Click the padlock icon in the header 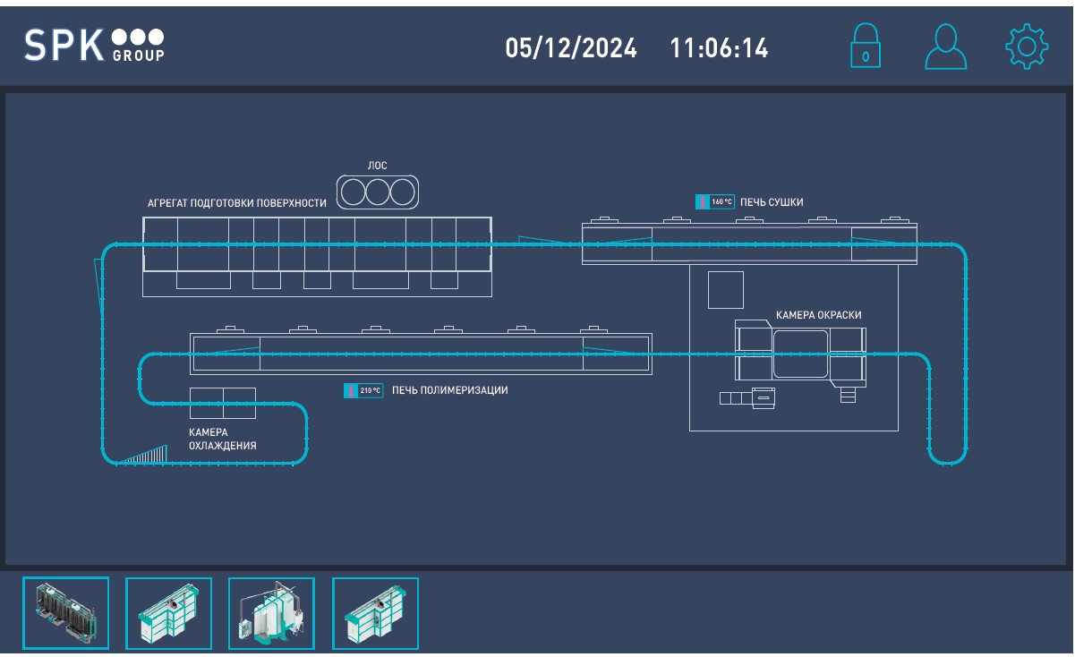click(865, 46)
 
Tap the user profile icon click(945, 47)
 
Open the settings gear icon click(1026, 47)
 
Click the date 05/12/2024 click(571, 48)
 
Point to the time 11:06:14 click(719, 48)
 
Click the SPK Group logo click(94, 46)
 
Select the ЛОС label click(378, 166)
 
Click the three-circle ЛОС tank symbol click(378, 192)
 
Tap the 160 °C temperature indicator click(715, 202)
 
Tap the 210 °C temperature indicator click(363, 390)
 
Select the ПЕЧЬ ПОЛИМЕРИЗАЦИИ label click(450, 390)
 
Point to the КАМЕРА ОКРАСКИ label click(818, 315)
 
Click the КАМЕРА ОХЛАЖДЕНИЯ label click(222, 439)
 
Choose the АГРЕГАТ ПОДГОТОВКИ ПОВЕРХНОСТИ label click(237, 203)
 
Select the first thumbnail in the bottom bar click(65, 613)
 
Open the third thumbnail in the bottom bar click(271, 613)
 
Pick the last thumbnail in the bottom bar click(375, 613)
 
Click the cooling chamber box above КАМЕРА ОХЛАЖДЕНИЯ click(222, 403)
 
